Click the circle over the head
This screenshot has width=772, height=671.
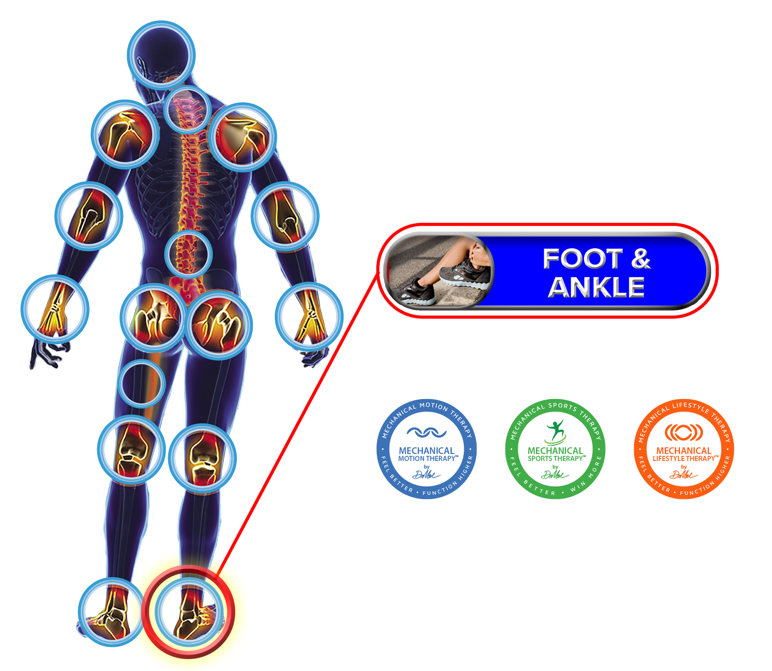click(161, 54)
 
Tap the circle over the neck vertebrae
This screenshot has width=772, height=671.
click(187, 110)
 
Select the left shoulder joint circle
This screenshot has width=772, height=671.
click(125, 134)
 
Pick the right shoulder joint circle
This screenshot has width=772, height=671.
click(243, 136)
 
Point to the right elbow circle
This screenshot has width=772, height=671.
click(285, 216)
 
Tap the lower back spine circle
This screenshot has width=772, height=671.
click(188, 254)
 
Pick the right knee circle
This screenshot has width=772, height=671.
click(202, 458)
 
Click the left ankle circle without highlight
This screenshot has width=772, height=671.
click(111, 612)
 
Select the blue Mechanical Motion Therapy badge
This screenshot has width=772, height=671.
click(427, 449)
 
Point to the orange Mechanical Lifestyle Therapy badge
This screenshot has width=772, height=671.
click(683, 449)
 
